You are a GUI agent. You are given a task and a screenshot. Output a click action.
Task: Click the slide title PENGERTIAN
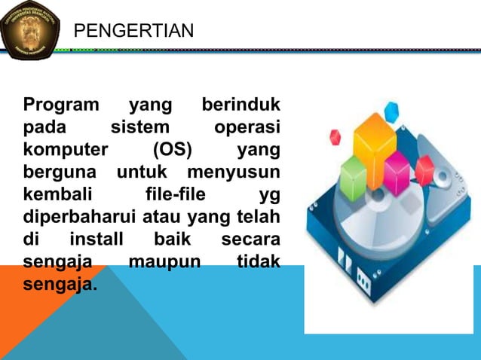pos(133,30)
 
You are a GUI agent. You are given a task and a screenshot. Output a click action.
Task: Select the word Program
pos(61,105)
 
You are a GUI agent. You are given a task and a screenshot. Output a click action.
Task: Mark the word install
pos(97,241)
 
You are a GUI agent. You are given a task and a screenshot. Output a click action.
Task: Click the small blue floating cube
pos(391,112)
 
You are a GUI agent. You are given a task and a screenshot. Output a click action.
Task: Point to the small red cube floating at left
pos(335,137)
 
